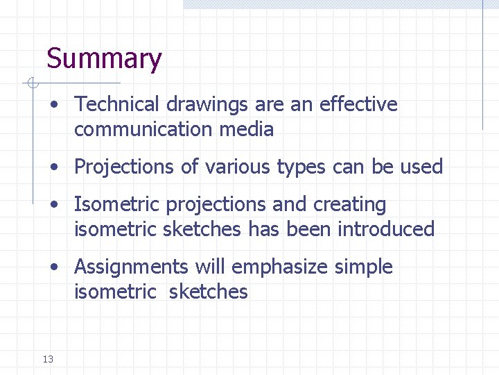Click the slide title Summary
click(x=104, y=60)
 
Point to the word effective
click(x=358, y=104)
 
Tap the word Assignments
click(x=131, y=267)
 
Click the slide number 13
click(x=48, y=359)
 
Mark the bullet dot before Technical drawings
click(x=53, y=105)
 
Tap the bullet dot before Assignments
click(x=53, y=267)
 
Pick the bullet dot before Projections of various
click(x=53, y=167)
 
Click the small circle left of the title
click(x=30, y=84)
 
